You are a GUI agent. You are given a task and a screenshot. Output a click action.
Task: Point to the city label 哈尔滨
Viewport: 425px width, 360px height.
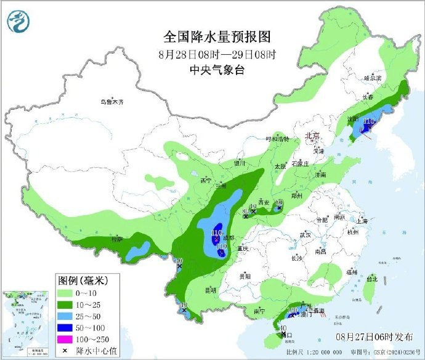tap(373, 78)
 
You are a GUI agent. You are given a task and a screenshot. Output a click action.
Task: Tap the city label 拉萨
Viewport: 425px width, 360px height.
tap(117, 239)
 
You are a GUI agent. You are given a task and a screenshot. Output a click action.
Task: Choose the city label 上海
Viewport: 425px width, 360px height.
tap(361, 221)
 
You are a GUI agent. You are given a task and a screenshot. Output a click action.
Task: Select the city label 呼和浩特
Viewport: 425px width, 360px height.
tap(277, 139)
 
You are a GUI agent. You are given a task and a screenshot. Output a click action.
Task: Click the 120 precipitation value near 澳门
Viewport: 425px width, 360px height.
tap(293, 309)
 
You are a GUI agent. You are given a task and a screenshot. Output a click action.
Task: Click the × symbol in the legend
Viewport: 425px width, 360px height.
tap(65, 350)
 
